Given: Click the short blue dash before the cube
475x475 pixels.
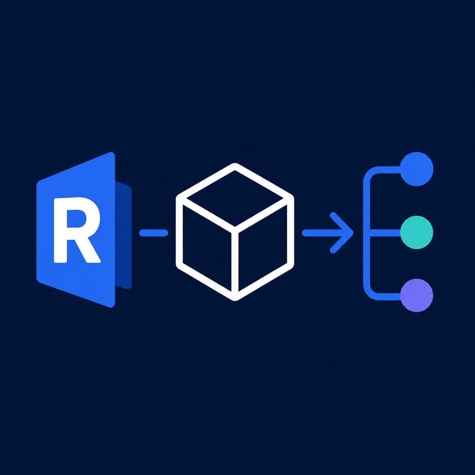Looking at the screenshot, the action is tap(153, 233).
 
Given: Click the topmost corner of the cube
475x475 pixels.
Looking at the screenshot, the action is tap(235, 164).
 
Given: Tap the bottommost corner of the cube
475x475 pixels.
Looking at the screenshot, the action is tap(235, 299).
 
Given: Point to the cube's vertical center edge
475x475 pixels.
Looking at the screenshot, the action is tap(235, 264).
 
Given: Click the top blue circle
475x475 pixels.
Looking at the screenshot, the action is tap(416, 169).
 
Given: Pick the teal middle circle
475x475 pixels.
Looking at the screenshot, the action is tap(416, 233).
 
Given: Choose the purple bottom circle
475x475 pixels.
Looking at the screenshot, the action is tap(416, 295).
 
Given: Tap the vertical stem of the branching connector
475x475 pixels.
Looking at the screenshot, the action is tap(367, 233).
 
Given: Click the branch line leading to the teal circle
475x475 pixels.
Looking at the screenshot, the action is tap(385, 233).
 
